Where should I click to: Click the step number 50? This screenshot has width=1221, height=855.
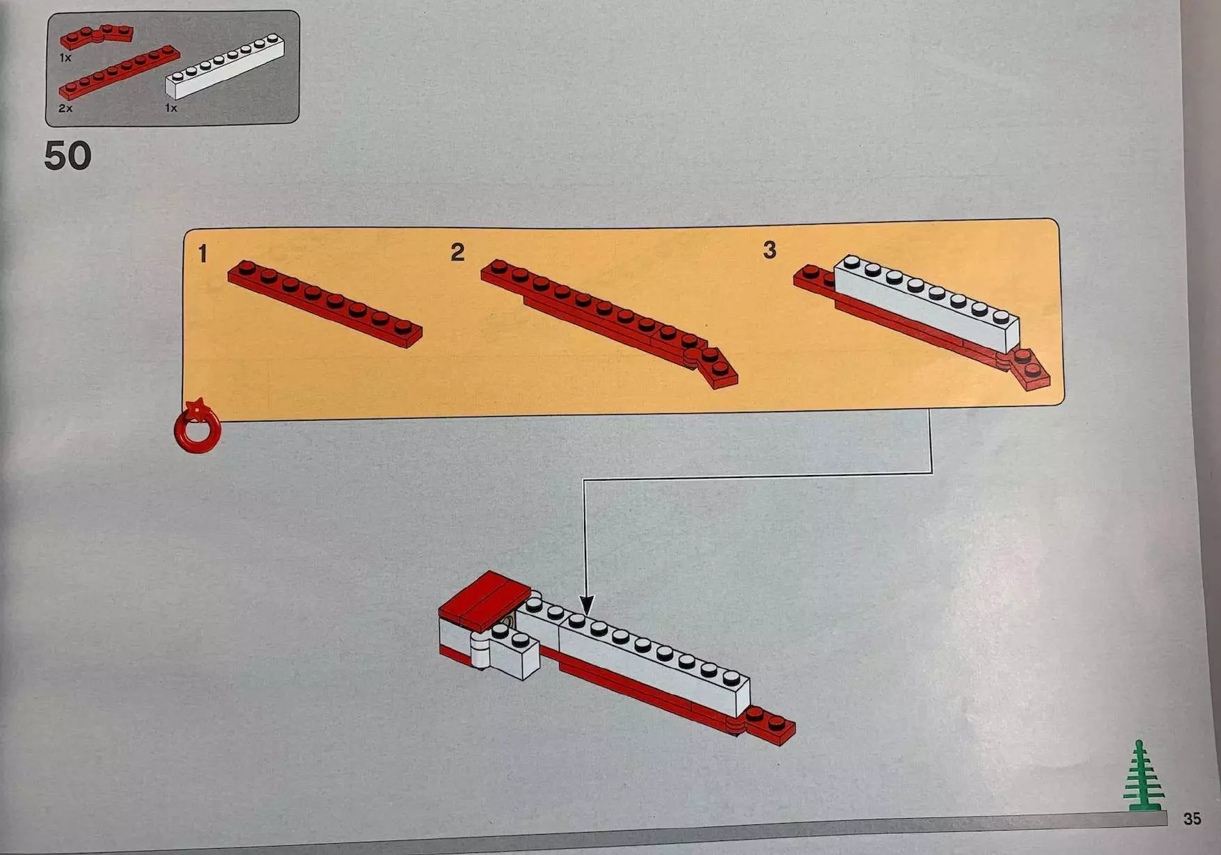click(x=68, y=156)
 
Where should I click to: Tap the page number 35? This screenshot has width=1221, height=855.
click(x=1192, y=819)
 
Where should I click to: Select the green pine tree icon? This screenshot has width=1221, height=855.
click(x=1142, y=776)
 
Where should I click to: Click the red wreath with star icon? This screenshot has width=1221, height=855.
click(x=198, y=426)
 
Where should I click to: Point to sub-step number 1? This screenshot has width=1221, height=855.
click(x=203, y=254)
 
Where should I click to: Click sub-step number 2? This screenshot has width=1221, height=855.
click(x=457, y=252)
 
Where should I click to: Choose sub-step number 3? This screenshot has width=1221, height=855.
click(x=769, y=250)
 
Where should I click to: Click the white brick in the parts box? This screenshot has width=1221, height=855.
click(x=225, y=66)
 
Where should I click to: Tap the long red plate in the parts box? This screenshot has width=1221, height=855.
click(x=119, y=72)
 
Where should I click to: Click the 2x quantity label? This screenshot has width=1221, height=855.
click(x=65, y=109)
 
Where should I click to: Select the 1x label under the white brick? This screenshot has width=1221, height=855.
click(x=171, y=108)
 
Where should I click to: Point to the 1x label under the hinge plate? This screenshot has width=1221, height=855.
click(x=65, y=58)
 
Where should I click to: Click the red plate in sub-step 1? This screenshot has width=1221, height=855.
click(x=325, y=304)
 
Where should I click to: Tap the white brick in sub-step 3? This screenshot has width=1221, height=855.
click(x=927, y=303)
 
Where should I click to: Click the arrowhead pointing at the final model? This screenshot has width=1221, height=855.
click(x=588, y=605)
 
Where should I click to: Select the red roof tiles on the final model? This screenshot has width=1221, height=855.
click(x=485, y=600)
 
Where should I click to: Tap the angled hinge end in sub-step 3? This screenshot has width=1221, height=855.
click(x=1025, y=369)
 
